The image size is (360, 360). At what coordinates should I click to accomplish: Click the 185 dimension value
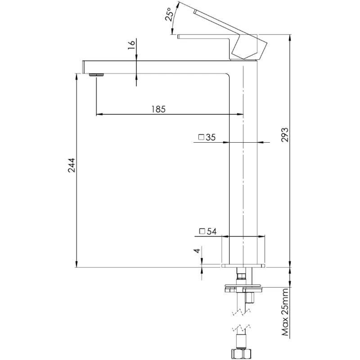pyautogui.click(x=158, y=108)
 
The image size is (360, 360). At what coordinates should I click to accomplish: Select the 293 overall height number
pyautogui.click(x=284, y=135)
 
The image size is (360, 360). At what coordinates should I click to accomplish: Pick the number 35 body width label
pyautogui.click(x=211, y=137)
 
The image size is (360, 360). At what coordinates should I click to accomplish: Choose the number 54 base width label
pyautogui.click(x=212, y=231)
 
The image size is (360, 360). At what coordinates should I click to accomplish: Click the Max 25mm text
pyautogui.click(x=285, y=314)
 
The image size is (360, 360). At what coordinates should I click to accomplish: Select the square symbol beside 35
pyautogui.click(x=202, y=137)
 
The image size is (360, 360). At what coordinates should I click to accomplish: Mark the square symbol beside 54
pyautogui.click(x=202, y=231)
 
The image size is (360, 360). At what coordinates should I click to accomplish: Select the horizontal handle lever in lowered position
pyautogui.click(x=202, y=36)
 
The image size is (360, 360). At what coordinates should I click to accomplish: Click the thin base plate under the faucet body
pyautogui.click(x=243, y=265)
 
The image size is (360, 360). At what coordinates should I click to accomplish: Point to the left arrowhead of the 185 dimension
pyautogui.click(x=99, y=114)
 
